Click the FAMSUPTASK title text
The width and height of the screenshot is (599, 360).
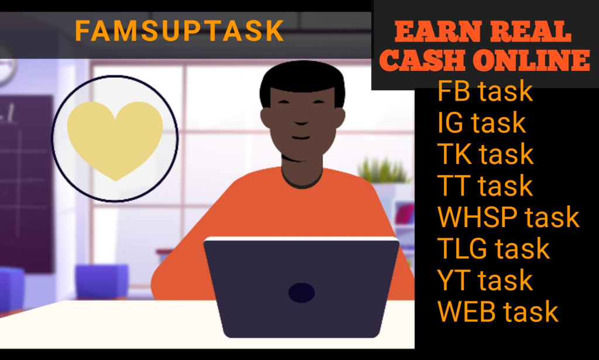(x=180, y=31)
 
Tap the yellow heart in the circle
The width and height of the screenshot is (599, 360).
(x=115, y=139)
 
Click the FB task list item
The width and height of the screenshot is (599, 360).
(x=485, y=91)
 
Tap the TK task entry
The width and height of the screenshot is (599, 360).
(x=486, y=154)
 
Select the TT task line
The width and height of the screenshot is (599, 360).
(x=485, y=186)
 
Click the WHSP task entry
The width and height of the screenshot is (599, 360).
(x=508, y=217)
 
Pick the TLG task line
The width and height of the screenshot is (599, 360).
(x=494, y=249)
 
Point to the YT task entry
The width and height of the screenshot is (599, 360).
(x=485, y=280)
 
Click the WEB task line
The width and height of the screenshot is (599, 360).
(x=498, y=312)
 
